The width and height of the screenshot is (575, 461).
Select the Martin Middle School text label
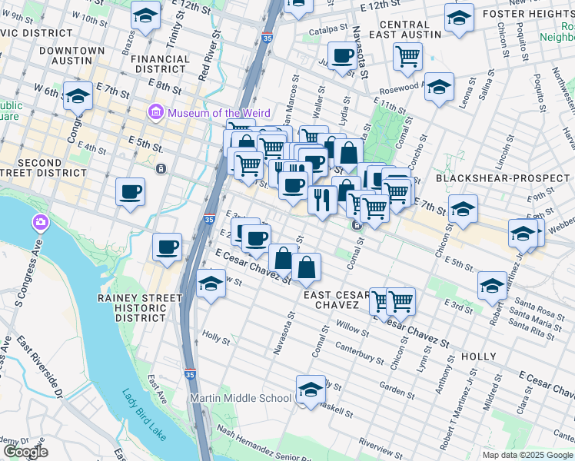point(241,398)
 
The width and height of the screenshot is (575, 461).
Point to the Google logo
point(25,452)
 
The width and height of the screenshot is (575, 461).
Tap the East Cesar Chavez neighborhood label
point(337,300)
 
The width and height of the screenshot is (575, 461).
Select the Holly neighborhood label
point(479,357)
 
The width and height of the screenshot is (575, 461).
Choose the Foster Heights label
point(524,13)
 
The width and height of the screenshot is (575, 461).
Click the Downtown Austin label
point(72,55)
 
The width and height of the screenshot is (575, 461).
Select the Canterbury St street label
point(359,352)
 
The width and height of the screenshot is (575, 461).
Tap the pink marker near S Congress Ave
point(40,224)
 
